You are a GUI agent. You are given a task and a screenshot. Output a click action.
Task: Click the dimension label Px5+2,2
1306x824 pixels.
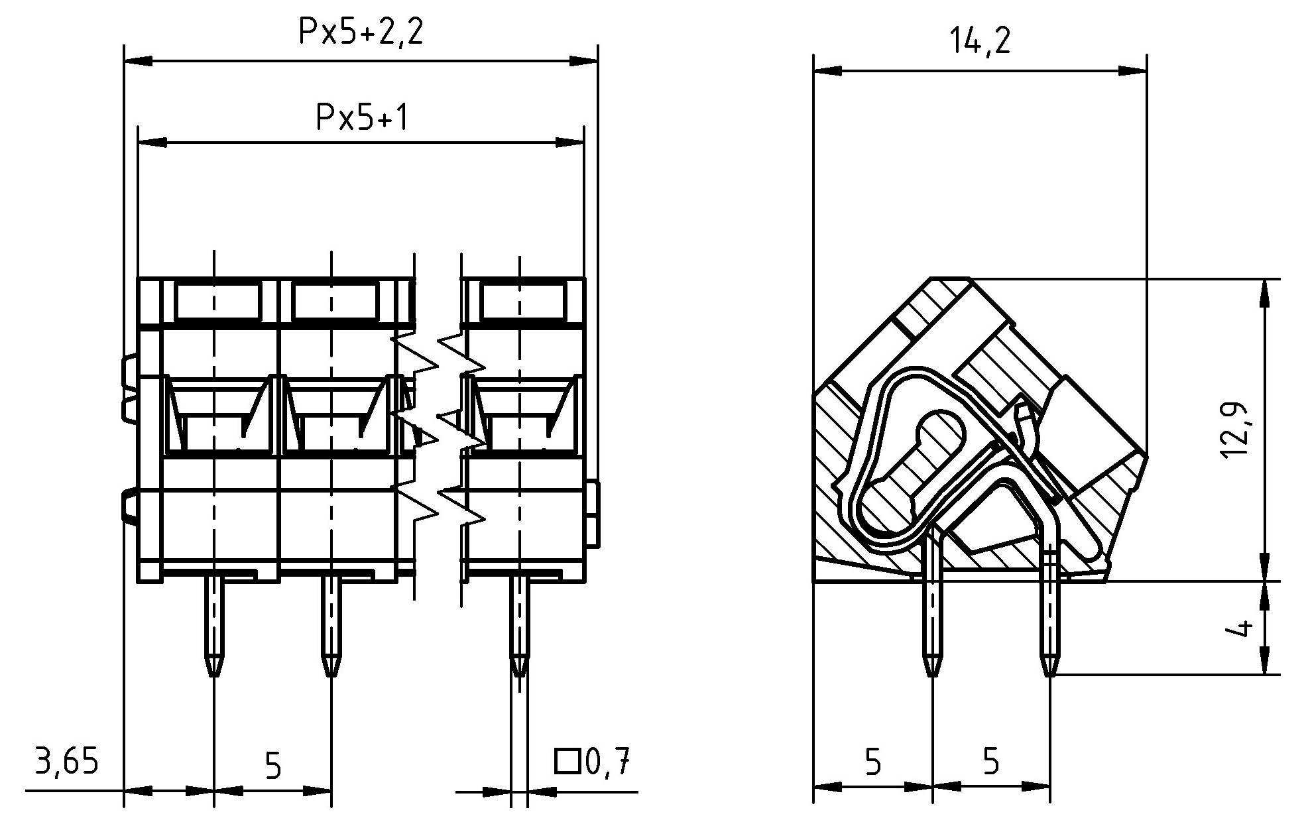[x=361, y=32]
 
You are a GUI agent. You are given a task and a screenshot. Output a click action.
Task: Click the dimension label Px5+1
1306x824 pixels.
[x=361, y=118]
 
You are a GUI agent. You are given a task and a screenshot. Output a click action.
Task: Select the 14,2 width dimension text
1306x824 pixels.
[x=980, y=42]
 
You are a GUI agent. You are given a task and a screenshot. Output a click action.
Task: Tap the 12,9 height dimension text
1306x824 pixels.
[x=1234, y=430]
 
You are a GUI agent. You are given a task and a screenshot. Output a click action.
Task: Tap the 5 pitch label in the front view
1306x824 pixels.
[x=272, y=766]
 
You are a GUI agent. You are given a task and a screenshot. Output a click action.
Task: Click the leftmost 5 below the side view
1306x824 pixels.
[x=873, y=762]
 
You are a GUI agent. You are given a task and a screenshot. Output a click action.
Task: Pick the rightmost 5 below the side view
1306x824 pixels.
[x=990, y=762]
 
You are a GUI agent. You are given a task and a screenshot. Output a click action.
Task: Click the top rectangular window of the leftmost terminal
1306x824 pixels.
[x=218, y=300]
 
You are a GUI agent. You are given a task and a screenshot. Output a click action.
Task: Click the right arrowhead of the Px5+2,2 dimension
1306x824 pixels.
[x=584, y=61]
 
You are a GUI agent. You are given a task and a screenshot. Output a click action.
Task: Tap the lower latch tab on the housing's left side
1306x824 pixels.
[x=128, y=507]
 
